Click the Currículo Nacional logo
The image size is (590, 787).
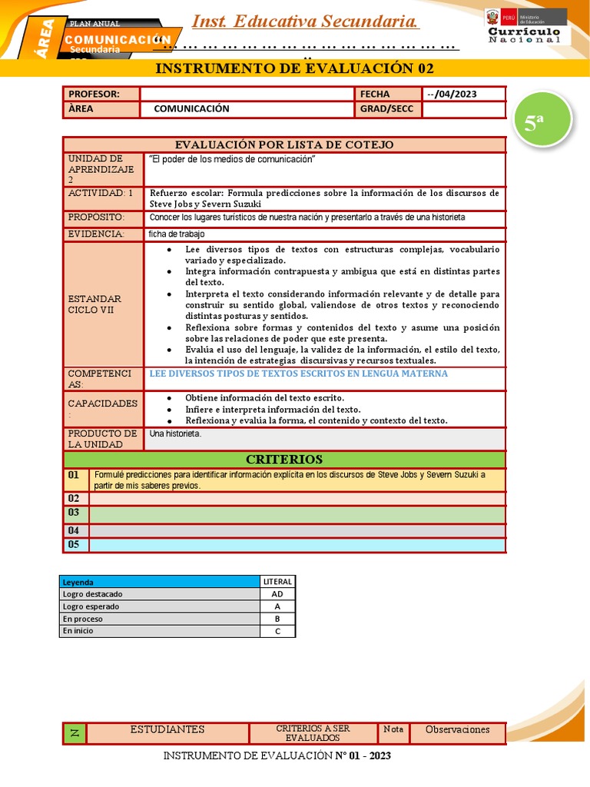pyautogui.click(x=525, y=27)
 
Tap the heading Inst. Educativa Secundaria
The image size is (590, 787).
pyautogui.click(x=305, y=22)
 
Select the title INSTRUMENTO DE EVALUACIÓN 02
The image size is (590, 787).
pyautogui.click(x=294, y=68)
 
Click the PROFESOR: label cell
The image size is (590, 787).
pyautogui.click(x=101, y=94)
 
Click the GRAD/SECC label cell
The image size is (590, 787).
pyautogui.click(x=387, y=109)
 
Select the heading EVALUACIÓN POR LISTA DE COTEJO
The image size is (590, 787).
pyautogui.click(x=284, y=144)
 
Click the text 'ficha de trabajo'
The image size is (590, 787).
pyautogui.click(x=177, y=234)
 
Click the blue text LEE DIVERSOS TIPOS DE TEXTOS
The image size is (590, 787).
pyautogui.click(x=299, y=374)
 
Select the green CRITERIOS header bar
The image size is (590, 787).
pyautogui.click(x=284, y=460)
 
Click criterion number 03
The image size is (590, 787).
pyautogui.click(x=74, y=513)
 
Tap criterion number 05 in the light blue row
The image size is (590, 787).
pyautogui.click(x=74, y=545)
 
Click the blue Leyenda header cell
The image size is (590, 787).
pyautogui.click(x=160, y=582)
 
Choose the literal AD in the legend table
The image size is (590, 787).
pyautogui.click(x=277, y=594)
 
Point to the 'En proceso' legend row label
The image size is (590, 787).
pyautogui.click(x=160, y=619)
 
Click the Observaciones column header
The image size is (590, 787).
pyautogui.click(x=457, y=729)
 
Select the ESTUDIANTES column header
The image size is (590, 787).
pyautogui.click(x=167, y=729)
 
